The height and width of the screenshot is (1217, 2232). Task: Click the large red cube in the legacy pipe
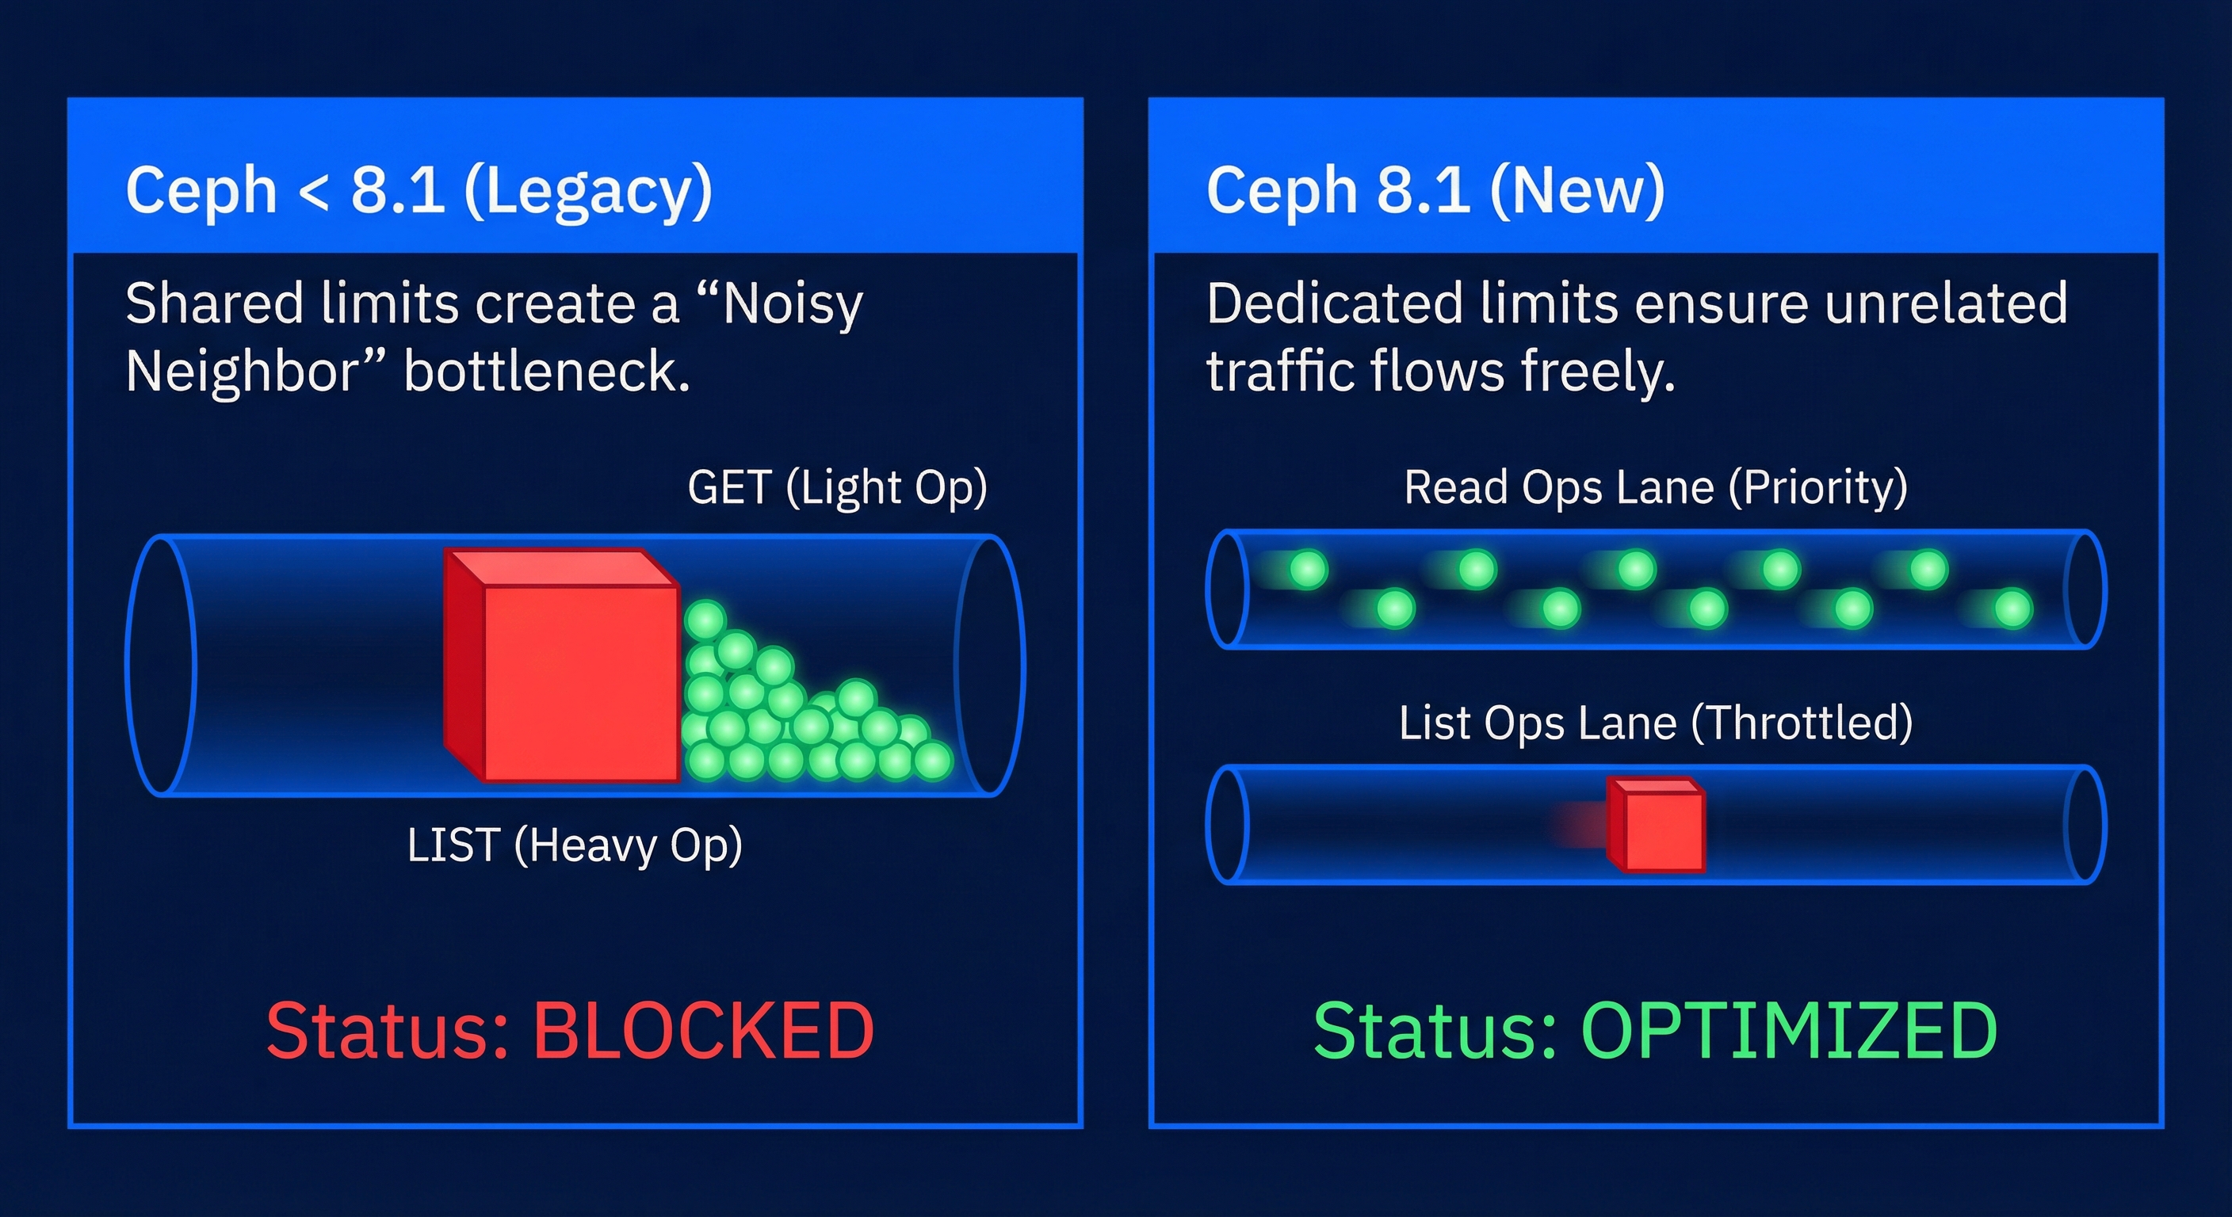pyautogui.click(x=561, y=666)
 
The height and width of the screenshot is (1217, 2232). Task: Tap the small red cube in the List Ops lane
pyautogui.click(x=1656, y=824)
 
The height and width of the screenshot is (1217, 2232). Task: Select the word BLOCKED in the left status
pyautogui.click(x=703, y=1030)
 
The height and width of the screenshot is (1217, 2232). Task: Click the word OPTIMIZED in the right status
pyautogui.click(x=1789, y=1030)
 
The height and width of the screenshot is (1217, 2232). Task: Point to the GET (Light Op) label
pyautogui.click(x=837, y=487)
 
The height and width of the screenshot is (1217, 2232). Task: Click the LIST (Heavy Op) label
pyautogui.click(x=575, y=845)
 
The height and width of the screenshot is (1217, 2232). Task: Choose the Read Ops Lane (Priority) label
pyautogui.click(x=1656, y=487)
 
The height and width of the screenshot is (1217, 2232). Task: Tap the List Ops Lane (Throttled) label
pyautogui.click(x=1656, y=723)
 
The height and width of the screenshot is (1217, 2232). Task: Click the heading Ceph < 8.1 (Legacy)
pyautogui.click(x=418, y=191)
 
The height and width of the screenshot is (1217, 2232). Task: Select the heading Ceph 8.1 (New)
pyautogui.click(x=1435, y=191)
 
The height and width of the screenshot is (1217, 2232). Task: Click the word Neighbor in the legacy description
pyautogui.click(x=241, y=372)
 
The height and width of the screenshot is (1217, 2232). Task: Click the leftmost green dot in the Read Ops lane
pyautogui.click(x=1309, y=569)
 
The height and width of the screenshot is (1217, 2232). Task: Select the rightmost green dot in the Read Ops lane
pyautogui.click(x=2014, y=608)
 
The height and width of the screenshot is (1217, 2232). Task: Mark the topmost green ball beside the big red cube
pyautogui.click(x=705, y=620)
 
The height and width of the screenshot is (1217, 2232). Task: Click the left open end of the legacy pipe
pyautogui.click(x=161, y=666)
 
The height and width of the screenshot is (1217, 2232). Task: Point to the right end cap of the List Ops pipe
pyautogui.click(x=2085, y=825)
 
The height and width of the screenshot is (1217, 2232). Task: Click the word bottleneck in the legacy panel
pyautogui.click(x=547, y=372)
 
